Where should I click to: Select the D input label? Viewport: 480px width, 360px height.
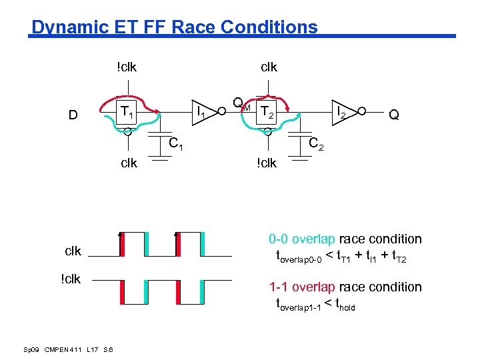click(74, 115)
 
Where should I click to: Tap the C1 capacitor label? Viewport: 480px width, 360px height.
click(176, 143)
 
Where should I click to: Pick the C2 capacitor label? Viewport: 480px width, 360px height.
click(316, 143)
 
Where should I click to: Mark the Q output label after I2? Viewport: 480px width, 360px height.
click(394, 115)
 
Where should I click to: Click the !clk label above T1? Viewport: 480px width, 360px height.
click(127, 67)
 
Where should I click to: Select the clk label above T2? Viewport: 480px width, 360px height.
click(269, 67)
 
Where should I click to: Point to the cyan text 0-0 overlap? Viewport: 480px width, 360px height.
click(303, 239)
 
